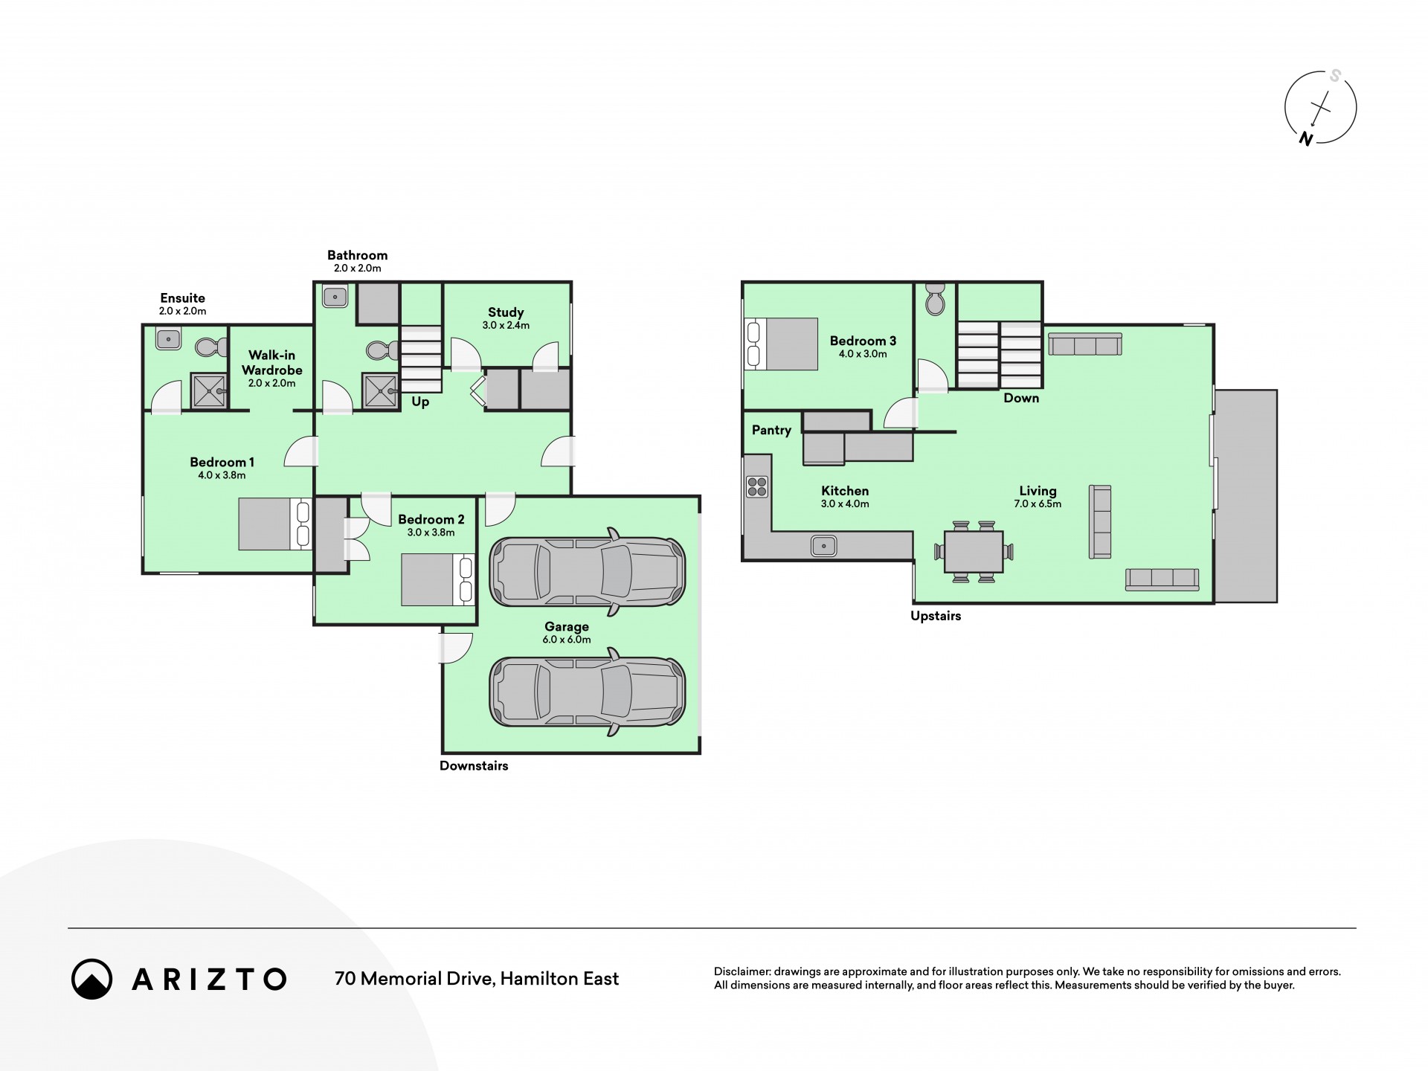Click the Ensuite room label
pyautogui.click(x=182, y=298)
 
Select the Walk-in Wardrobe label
pyautogui.click(x=272, y=363)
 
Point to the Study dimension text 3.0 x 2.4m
pyautogui.click(x=506, y=325)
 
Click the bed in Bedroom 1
pyautogui.click(x=275, y=524)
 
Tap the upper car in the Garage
pyautogui.click(x=588, y=571)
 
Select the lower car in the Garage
pyautogui.click(x=588, y=692)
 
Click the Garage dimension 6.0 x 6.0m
pyautogui.click(x=567, y=640)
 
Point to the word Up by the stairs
pyautogui.click(x=420, y=402)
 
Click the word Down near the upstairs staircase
pyautogui.click(x=1021, y=398)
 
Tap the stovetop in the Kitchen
pyautogui.click(x=757, y=487)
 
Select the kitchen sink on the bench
pyautogui.click(x=824, y=546)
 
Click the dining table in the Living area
pyautogui.click(x=974, y=551)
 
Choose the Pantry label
pyautogui.click(x=771, y=430)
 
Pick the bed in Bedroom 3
pyautogui.click(x=781, y=344)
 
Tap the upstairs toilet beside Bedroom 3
pyautogui.click(x=935, y=299)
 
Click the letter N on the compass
pyautogui.click(x=1305, y=138)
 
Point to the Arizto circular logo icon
pyautogui.click(x=92, y=979)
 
